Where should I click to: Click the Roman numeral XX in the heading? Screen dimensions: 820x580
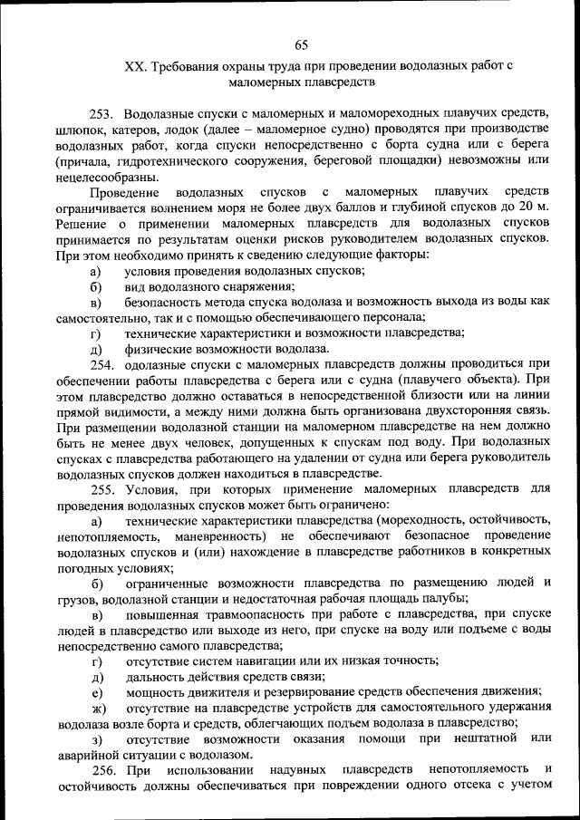pos(133,67)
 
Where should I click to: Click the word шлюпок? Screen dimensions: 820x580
pos(79,130)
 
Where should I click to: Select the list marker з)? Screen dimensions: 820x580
pos(97,738)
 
